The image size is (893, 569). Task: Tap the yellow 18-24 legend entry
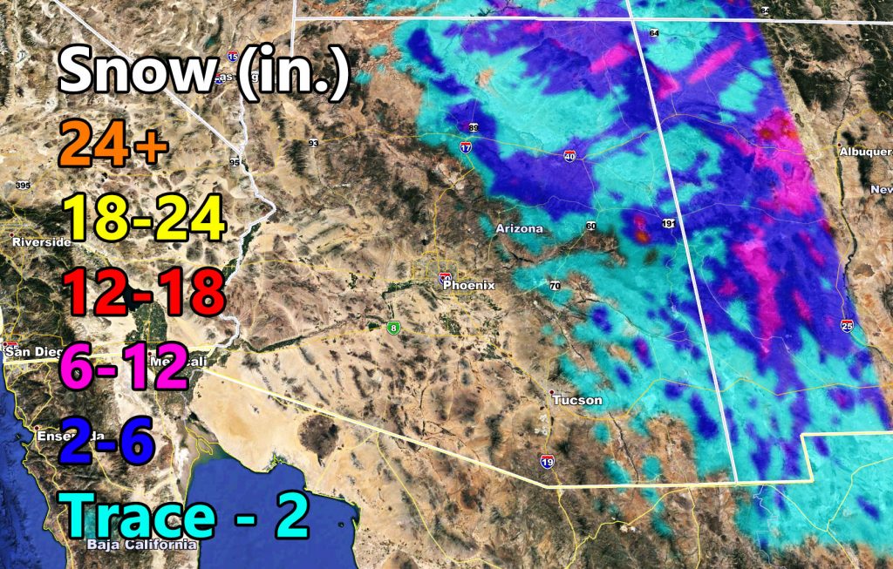click(143, 219)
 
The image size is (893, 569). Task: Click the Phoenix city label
click(468, 285)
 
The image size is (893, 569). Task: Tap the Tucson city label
click(577, 400)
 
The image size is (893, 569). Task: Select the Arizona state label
click(519, 228)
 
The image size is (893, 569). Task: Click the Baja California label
click(142, 545)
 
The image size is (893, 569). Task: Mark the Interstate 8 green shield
click(395, 327)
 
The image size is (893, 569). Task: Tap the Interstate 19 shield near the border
click(546, 461)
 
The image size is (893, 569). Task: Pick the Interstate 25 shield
click(848, 325)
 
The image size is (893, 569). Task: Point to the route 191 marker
click(668, 223)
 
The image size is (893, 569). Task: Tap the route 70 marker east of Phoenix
click(554, 286)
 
